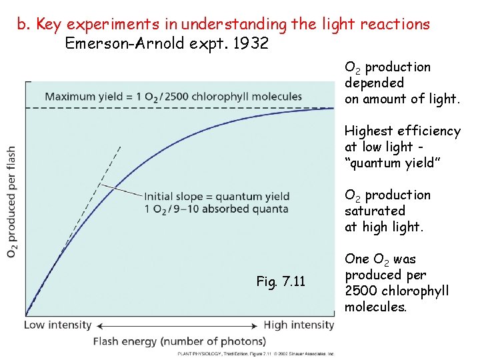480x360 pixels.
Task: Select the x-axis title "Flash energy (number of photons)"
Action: (x=179, y=341)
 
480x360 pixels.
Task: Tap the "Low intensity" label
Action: (x=58, y=325)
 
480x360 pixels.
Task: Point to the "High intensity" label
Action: (x=299, y=325)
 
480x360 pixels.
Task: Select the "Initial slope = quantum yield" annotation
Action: (x=217, y=196)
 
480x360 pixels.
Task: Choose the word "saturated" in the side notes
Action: (x=375, y=211)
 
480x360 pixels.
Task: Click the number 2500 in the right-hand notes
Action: (x=363, y=291)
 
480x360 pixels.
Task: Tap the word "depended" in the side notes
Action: (x=374, y=83)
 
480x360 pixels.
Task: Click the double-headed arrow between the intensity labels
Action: (x=177, y=325)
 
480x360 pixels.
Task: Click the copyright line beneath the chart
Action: (x=256, y=354)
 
